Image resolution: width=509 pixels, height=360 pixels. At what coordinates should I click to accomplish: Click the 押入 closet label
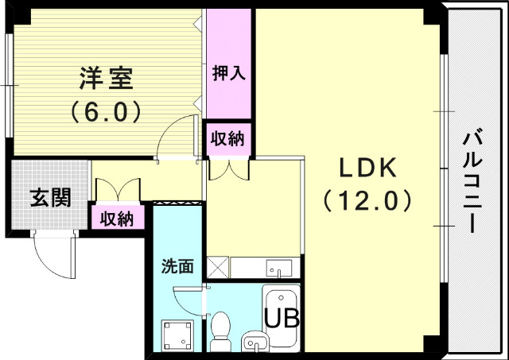click(x=228, y=73)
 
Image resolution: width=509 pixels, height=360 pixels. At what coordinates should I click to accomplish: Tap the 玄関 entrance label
click(x=50, y=197)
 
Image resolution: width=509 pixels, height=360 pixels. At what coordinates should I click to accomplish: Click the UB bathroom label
click(x=282, y=319)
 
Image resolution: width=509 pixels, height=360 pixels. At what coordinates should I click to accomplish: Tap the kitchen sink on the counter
click(x=279, y=267)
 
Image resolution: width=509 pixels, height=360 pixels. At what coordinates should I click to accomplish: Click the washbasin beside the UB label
click(x=254, y=342)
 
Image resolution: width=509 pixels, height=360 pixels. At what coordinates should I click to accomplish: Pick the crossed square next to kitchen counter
click(x=216, y=267)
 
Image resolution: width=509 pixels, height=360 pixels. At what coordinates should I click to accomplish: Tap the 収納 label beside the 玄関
click(x=117, y=217)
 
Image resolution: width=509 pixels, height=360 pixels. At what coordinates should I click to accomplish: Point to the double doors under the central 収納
click(x=228, y=168)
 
